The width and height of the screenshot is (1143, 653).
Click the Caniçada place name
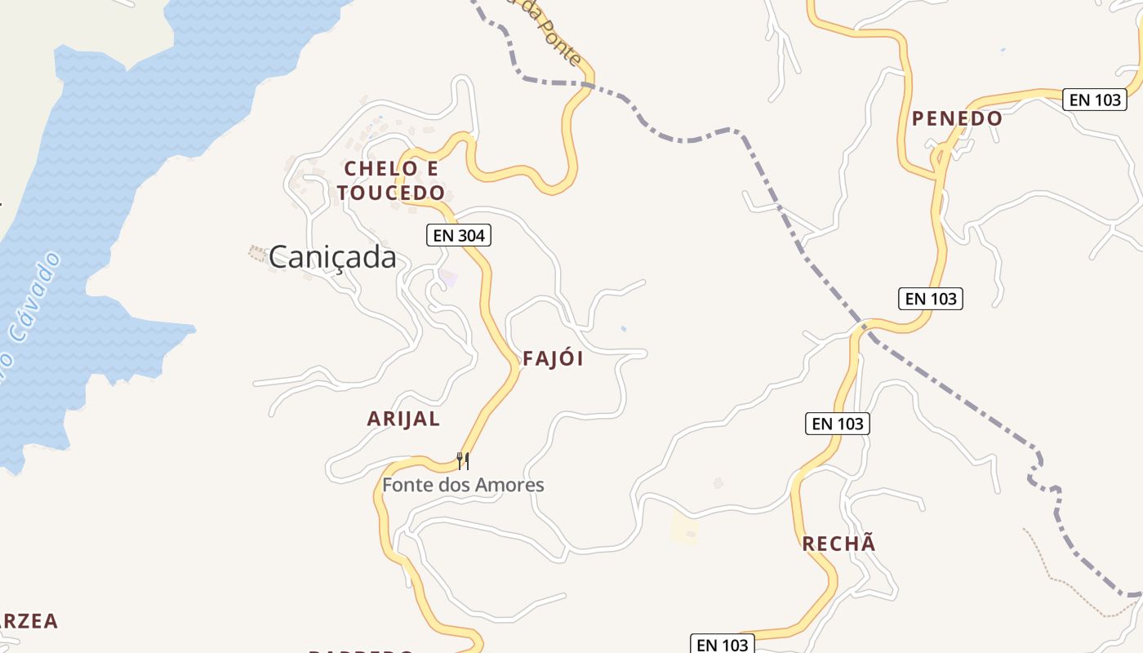[x=332, y=257]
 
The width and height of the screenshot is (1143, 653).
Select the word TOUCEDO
[x=391, y=193]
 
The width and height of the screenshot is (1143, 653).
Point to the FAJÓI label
[x=553, y=359]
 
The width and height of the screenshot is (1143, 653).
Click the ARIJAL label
[x=403, y=420]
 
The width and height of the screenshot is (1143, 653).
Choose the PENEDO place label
[x=957, y=118]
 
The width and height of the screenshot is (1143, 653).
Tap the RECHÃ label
[x=838, y=544]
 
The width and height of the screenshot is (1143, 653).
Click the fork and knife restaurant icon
[x=463, y=461]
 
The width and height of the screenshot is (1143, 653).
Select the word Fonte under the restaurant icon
[x=406, y=485]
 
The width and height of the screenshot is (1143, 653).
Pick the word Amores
[x=513, y=485]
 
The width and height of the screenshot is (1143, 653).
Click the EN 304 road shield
[x=459, y=236]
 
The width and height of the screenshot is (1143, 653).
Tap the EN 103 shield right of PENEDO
[x=1095, y=100]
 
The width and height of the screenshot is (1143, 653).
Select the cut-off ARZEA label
[x=29, y=621]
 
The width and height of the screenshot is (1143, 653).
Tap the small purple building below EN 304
[x=448, y=278]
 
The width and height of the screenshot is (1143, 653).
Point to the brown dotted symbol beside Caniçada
[x=257, y=254]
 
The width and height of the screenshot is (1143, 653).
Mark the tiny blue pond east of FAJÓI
[x=624, y=329]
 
